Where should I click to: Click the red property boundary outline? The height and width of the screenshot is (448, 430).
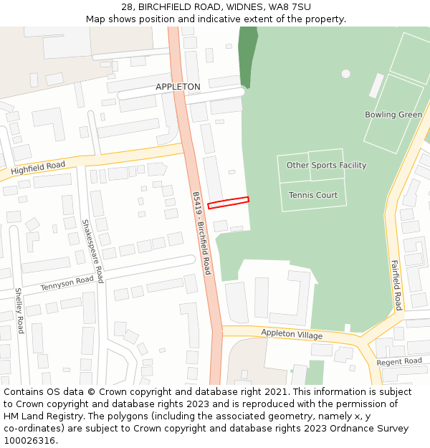tap(228, 203)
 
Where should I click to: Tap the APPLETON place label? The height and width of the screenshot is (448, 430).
tap(178, 87)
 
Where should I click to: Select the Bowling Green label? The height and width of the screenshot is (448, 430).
tap(393, 115)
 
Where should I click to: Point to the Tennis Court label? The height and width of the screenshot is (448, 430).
tap(313, 195)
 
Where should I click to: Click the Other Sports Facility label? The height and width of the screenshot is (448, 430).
tap(326, 166)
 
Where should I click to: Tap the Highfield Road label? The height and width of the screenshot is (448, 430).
tap(38, 168)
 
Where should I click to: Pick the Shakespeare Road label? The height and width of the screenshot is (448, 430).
tap(92, 251)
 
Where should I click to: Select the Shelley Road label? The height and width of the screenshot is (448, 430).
tap(19, 310)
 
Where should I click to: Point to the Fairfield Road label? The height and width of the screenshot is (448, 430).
tap(396, 285)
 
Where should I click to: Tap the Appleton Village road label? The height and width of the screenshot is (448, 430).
tap(292, 335)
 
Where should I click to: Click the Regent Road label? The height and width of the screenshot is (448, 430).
tap(399, 361)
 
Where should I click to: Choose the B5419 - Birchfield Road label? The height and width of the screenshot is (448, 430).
tap(201, 233)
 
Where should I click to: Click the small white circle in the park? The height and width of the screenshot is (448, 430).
tap(346, 74)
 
